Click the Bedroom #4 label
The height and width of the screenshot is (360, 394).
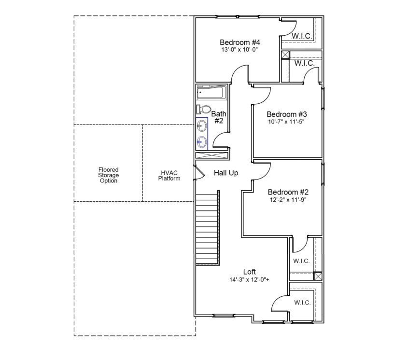(240, 42)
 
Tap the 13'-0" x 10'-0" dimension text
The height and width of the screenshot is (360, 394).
(240, 49)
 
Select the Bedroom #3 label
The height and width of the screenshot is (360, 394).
(287, 114)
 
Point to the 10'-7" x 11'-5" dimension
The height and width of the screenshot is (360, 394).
(287, 122)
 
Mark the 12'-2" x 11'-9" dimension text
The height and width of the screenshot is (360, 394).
(288, 199)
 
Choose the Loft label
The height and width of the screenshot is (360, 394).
(250, 272)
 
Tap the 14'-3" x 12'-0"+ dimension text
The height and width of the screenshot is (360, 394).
(250, 279)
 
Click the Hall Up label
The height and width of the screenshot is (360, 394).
(226, 173)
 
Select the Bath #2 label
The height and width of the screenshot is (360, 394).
(218, 117)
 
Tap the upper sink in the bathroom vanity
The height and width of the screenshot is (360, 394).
(202, 126)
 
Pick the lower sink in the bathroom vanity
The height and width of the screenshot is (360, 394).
(202, 142)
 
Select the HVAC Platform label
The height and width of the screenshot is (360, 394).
(169, 175)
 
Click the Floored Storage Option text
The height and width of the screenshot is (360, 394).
(108, 175)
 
